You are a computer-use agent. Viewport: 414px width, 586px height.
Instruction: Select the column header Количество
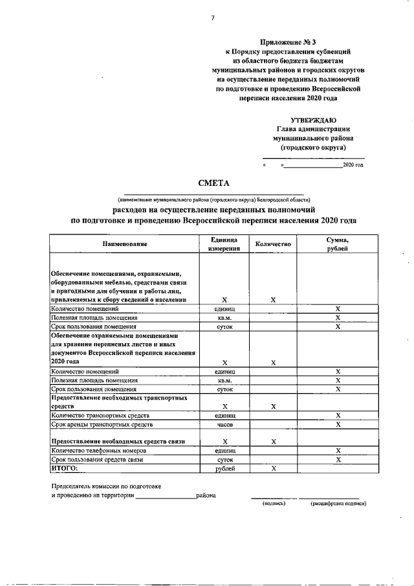coord(273,243)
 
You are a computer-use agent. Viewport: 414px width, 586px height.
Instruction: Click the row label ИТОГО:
coord(64,467)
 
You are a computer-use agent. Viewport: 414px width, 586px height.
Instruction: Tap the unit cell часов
coord(224,424)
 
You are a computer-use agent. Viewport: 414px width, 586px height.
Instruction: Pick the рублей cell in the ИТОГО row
coord(224,468)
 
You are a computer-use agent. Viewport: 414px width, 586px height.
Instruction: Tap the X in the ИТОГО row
coord(273,468)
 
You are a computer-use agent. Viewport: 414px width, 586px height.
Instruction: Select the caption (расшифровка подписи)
coord(338,504)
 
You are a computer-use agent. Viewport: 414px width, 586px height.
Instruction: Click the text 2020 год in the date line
coord(353,166)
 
